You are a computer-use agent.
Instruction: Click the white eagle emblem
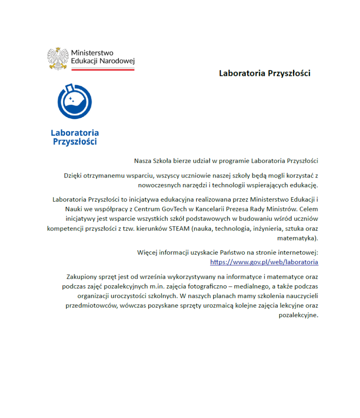58,58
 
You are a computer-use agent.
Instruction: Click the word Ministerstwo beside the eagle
92,53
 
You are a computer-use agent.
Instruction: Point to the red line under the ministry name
103,69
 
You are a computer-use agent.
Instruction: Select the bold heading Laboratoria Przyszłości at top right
264,73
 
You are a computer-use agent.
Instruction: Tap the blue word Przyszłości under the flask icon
75,142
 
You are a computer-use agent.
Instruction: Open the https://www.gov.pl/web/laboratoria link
264,262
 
